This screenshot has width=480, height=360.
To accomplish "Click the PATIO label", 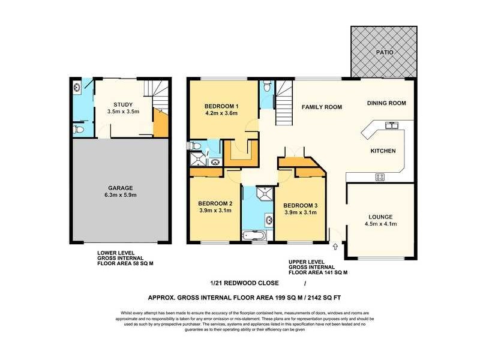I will pyautogui.click(x=385, y=53).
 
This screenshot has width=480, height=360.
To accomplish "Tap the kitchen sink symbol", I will pyautogui.click(x=392, y=125).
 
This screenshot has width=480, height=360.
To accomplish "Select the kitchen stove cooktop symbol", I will pyautogui.click(x=380, y=176).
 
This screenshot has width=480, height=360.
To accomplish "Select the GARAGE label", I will pyautogui.click(x=121, y=188).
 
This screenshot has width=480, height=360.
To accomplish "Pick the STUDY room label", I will pyautogui.click(x=123, y=105).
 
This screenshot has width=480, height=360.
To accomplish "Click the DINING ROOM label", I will pyautogui.click(x=386, y=103).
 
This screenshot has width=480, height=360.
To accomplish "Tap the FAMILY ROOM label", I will pyautogui.click(x=322, y=107).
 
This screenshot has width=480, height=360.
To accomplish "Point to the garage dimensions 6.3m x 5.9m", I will pyautogui.click(x=121, y=196).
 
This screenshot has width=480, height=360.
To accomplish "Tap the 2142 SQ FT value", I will pyautogui.click(x=325, y=297).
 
